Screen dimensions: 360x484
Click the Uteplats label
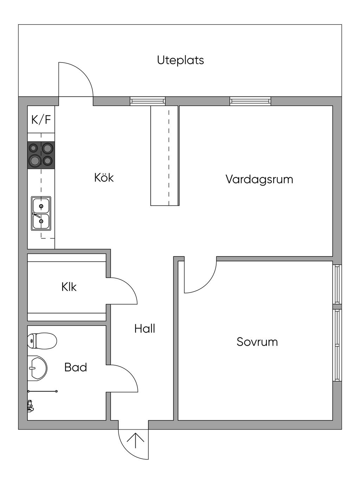(180, 60)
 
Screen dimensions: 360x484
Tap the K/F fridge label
(41, 119)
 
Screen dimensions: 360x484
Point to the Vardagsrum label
(259, 179)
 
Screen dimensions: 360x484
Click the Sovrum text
(257, 342)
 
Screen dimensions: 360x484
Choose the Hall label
(144, 329)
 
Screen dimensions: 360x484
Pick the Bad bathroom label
(76, 367)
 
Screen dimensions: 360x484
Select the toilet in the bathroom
(42, 341)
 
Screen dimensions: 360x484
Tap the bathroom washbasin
(37, 368)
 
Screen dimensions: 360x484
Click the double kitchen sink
(41, 214)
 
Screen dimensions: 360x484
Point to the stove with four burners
(41, 155)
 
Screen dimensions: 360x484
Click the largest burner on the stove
(35, 161)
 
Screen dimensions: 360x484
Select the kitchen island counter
(165, 156)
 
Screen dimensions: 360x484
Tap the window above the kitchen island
(148, 101)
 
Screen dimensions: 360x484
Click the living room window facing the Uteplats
(250, 101)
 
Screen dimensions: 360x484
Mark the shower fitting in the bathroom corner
(30, 406)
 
